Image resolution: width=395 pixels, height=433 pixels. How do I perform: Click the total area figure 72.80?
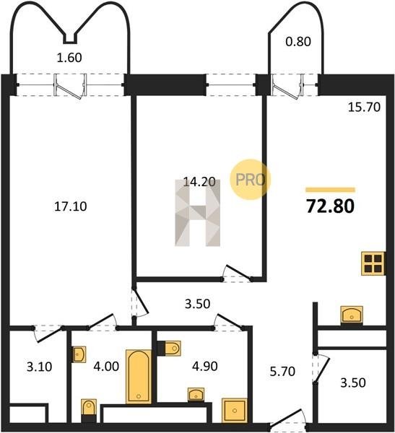tap(330, 206)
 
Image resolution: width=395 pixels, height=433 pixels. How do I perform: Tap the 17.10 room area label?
tap(71, 206)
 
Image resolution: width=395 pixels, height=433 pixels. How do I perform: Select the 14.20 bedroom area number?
tap(199, 182)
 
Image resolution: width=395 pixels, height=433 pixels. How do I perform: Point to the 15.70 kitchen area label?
tap(364, 107)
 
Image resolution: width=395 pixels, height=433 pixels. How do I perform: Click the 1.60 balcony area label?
tap(69, 58)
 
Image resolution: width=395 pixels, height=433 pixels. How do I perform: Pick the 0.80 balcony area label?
tap(298, 41)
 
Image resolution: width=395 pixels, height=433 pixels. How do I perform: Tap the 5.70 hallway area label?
tap(282, 372)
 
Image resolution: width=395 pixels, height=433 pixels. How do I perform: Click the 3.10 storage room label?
tap(39, 367)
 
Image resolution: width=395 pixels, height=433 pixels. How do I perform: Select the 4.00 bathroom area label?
tap(106, 367)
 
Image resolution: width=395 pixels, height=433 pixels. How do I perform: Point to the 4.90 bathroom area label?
tap(205, 366)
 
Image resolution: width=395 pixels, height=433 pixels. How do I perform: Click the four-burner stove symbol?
tap(373, 263)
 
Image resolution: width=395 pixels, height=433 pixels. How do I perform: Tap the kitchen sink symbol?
tap(352, 315)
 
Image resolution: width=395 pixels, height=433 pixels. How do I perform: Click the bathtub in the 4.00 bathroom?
tap(139, 377)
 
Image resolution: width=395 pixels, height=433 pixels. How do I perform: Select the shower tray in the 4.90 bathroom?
tap(235, 411)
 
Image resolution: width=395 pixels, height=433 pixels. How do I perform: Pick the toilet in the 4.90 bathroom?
tap(169, 349)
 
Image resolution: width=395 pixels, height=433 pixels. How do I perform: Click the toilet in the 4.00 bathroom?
tap(89, 411)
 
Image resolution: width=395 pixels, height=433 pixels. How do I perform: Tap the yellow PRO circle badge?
tap(251, 180)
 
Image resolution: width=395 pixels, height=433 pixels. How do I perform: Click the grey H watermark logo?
tap(198, 213)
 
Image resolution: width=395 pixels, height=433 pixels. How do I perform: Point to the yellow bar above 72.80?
tap(330, 190)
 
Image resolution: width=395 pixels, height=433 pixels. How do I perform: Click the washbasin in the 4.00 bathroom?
tap(79, 354)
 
